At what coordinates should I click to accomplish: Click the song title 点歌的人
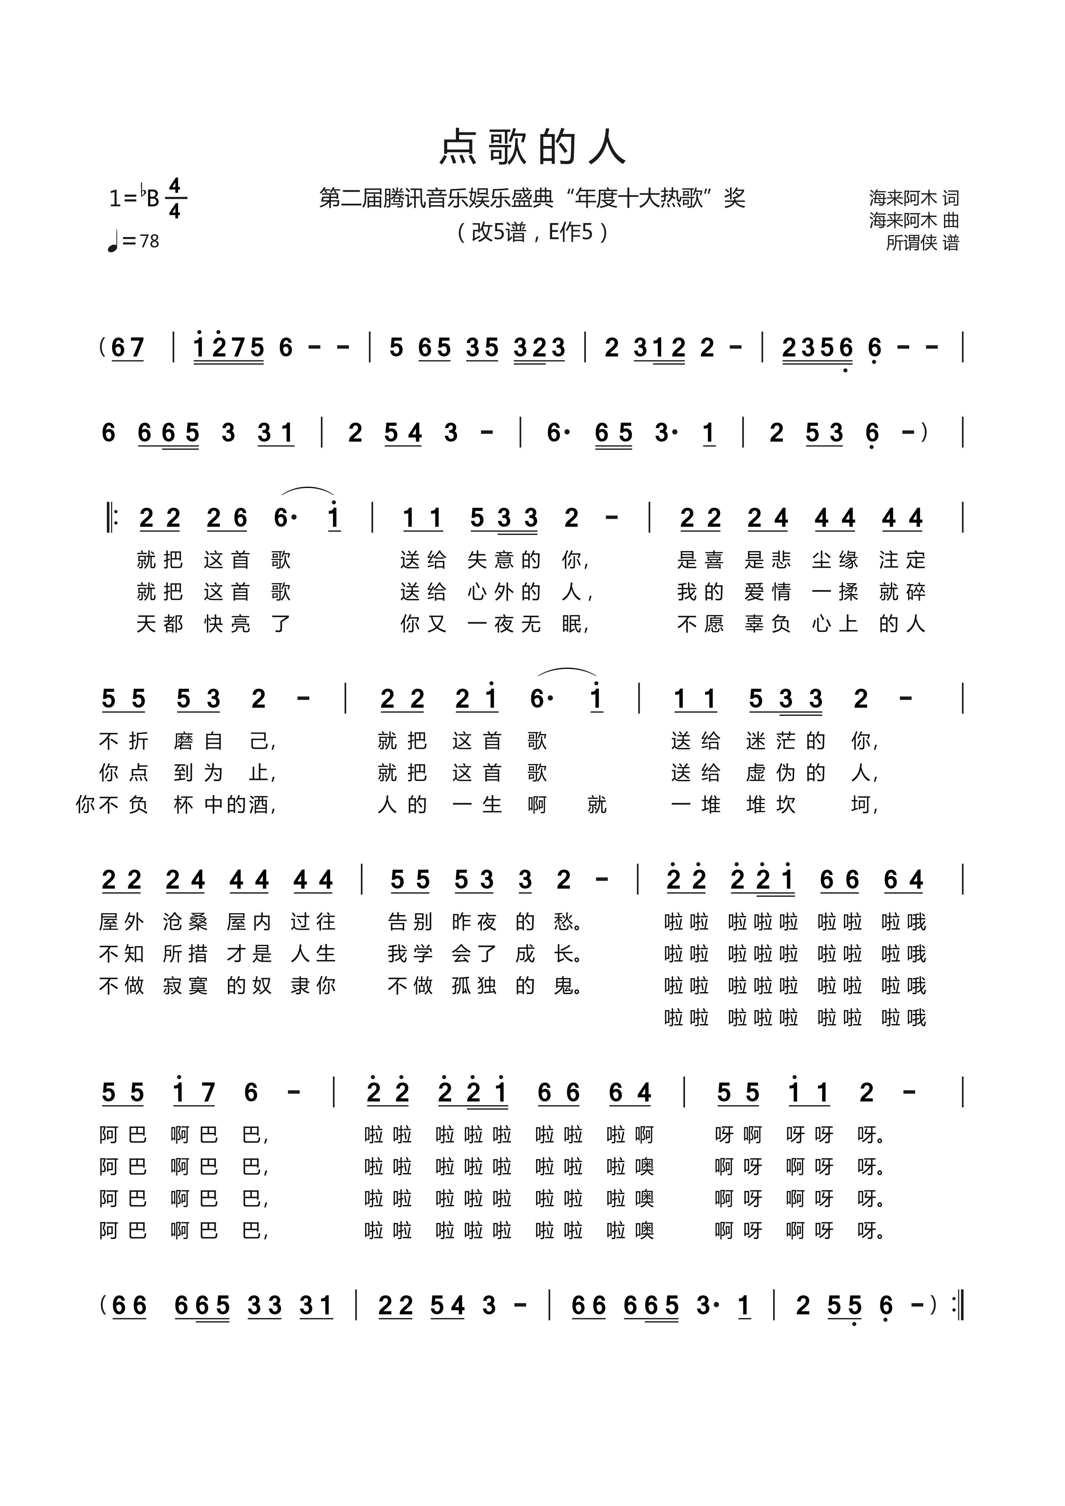point(532,147)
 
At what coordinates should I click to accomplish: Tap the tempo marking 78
point(149,241)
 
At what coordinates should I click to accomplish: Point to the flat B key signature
point(150,197)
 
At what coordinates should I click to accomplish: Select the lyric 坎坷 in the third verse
point(814,805)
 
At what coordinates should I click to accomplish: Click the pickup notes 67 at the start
point(127,347)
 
